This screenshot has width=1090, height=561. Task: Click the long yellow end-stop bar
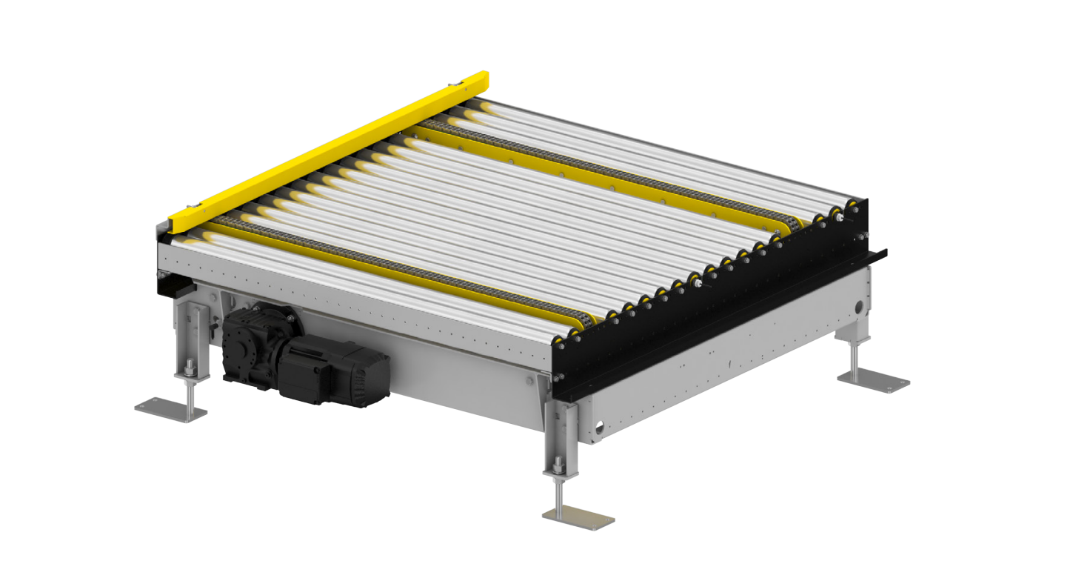point(326,147)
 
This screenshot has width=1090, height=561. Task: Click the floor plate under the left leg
point(171,409)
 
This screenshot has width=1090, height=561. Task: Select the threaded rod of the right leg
point(855,359)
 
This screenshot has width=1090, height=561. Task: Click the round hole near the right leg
point(859,305)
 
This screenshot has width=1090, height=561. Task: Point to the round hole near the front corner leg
point(599,428)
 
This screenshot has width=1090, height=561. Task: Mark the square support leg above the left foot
point(187,333)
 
